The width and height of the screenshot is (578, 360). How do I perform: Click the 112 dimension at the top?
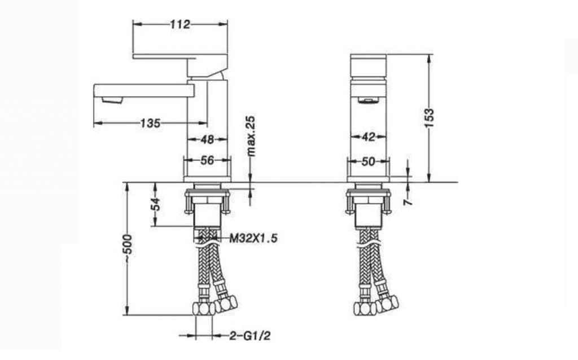click(180, 24)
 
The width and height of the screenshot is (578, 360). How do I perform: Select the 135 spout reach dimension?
click(150, 123)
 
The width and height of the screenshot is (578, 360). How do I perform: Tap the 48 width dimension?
click(207, 139)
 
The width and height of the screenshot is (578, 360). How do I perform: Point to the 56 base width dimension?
click(207, 160)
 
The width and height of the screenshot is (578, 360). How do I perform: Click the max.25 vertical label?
click(251, 136)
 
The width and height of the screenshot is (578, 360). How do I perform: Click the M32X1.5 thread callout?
click(253, 239)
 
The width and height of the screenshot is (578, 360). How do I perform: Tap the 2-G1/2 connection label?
click(250, 336)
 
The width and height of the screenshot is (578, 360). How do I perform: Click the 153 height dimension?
click(429, 118)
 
